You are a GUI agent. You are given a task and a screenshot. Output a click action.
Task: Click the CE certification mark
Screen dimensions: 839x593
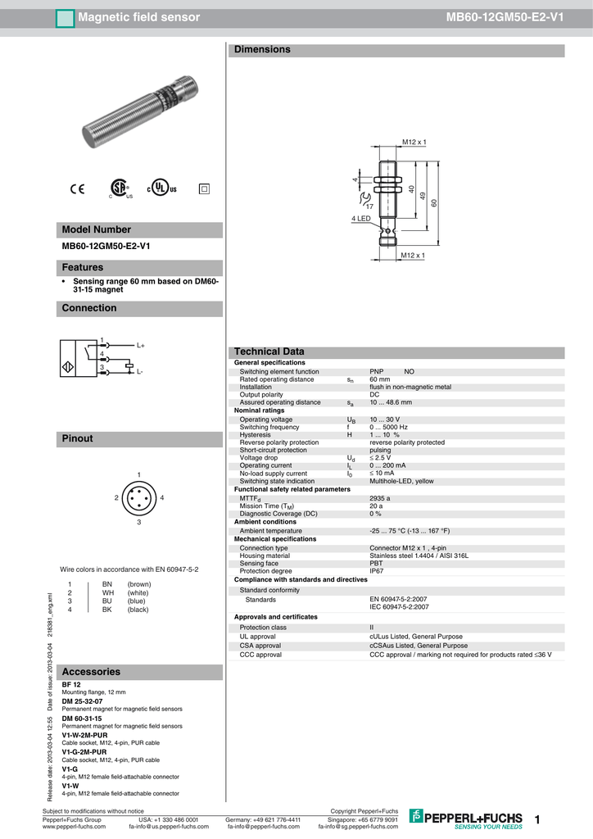(x=78, y=188)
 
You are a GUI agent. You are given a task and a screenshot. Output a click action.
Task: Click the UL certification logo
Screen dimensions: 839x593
(x=162, y=188)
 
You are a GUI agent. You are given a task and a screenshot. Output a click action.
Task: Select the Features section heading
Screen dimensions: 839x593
(x=83, y=268)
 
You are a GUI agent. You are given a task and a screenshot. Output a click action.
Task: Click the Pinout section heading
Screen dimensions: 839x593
(x=78, y=439)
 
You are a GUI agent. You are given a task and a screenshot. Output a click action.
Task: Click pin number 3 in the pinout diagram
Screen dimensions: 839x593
(x=139, y=522)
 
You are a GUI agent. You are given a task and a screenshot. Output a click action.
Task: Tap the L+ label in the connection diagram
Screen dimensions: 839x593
(x=140, y=346)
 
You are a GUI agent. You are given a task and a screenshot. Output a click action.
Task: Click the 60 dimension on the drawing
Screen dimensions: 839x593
(x=435, y=203)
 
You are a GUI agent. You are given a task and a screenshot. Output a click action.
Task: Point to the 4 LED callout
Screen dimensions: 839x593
(x=361, y=219)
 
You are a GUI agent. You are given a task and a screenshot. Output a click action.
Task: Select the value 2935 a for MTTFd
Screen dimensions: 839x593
(x=380, y=498)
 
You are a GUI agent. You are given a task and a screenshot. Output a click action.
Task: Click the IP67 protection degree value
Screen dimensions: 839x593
(x=377, y=571)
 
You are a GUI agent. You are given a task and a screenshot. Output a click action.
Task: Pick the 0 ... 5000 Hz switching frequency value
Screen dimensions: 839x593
(x=388, y=427)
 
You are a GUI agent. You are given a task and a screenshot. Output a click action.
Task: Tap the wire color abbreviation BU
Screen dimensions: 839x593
(x=106, y=601)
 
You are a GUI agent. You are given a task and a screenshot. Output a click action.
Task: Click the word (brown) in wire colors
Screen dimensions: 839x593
(x=139, y=583)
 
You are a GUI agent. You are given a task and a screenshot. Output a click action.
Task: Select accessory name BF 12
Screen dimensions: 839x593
(x=71, y=684)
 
